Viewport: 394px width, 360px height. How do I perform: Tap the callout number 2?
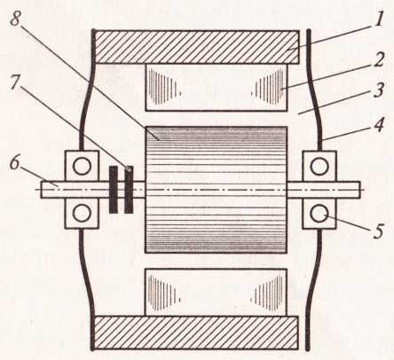pos(378,60)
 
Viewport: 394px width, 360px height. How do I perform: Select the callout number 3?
pos(379,90)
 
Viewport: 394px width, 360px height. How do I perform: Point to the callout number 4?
pos(378,124)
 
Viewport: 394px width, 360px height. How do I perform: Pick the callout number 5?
pos(378,231)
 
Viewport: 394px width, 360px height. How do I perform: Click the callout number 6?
pos(14,162)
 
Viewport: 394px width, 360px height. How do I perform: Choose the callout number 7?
pos(15,83)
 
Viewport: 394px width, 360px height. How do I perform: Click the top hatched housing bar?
pos(196,47)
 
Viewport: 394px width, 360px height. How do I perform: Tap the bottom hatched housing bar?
pos(196,333)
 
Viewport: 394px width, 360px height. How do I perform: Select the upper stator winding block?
pos(217,88)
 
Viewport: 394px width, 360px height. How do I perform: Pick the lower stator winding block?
pos(217,292)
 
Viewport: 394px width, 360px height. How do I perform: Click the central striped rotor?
pos(216,190)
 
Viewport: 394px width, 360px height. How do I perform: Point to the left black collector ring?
pos(114,190)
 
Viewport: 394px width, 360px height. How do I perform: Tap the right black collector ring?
pos(129,190)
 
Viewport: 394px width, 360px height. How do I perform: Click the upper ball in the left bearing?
pos(82,166)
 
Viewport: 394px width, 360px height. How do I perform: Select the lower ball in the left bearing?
pos(82,213)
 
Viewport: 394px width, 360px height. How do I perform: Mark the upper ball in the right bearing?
pos(319,166)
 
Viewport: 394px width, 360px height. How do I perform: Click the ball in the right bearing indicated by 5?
pos(319,214)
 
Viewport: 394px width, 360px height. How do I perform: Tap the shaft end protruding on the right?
pos(349,190)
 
